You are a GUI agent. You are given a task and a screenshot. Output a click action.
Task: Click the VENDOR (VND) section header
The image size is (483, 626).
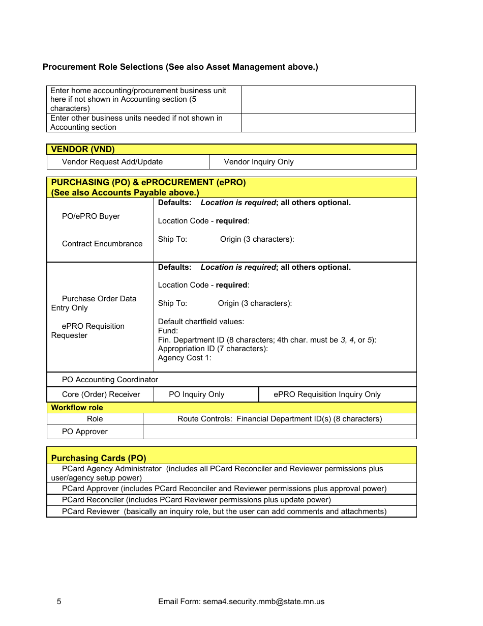tap(83, 149)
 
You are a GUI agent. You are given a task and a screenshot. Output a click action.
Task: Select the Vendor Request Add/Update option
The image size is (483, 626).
tap(112, 162)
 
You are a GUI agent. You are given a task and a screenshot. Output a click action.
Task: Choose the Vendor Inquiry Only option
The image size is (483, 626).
tap(258, 162)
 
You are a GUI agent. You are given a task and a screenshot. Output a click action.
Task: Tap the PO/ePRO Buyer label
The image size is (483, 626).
tap(90, 216)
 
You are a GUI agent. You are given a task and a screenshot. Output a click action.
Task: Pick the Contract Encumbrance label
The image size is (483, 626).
tap(102, 244)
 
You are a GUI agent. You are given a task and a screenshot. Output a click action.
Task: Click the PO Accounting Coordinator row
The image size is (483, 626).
tap(110, 380)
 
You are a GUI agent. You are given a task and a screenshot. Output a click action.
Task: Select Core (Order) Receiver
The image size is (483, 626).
tap(101, 394)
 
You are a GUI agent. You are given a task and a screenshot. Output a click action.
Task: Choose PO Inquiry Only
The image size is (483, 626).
tap(196, 394)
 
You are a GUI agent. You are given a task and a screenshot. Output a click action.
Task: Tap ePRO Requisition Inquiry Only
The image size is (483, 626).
tap(327, 394)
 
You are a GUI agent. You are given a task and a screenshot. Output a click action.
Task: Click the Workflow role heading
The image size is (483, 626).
tap(77, 408)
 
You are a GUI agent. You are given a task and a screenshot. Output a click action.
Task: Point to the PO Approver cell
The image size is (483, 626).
tap(84, 432)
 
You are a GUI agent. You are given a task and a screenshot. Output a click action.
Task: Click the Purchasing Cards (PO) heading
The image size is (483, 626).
tap(99, 458)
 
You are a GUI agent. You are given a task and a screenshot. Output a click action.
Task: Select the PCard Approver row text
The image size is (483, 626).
tap(224, 489)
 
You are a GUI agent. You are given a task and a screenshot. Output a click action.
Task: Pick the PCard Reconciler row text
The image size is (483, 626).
tap(196, 500)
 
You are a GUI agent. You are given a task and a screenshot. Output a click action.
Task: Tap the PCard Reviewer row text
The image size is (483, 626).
tap(224, 511)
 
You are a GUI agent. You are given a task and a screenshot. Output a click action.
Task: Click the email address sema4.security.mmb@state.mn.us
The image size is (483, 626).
tap(263, 602)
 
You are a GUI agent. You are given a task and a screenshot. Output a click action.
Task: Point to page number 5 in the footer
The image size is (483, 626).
tap(59, 602)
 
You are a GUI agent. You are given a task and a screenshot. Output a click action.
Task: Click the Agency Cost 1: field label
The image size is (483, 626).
tap(185, 358)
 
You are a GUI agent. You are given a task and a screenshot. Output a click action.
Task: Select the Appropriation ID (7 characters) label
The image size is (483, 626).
tap(213, 349)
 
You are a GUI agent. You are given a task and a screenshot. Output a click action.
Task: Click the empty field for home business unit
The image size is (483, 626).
tap(328, 99)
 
